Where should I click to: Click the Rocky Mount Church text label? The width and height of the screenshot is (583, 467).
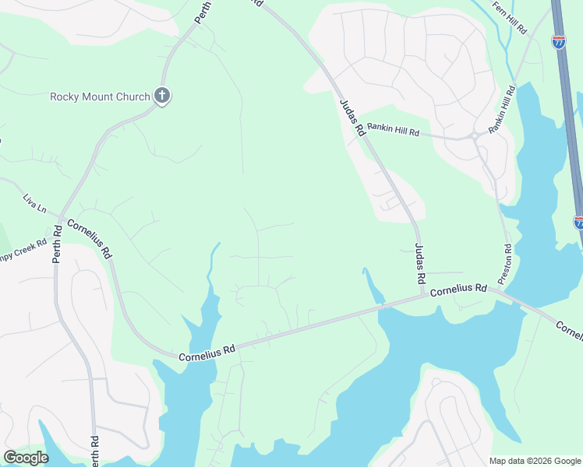pos(100,97)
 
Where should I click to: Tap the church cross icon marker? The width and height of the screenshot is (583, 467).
pos(162,97)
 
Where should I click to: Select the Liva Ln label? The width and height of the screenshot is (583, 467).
pos(34,204)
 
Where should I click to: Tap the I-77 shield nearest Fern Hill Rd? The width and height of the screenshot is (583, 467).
pos(559,42)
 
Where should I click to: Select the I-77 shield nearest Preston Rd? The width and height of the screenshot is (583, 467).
pos(578,223)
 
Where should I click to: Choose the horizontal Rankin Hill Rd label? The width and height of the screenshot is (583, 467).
pos(394,129)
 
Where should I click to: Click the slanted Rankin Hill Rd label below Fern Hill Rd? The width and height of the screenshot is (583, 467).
pos(503,111)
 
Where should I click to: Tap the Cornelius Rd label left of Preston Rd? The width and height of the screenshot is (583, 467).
pos(458,290)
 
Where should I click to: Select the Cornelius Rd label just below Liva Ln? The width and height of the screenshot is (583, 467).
pos(89,238)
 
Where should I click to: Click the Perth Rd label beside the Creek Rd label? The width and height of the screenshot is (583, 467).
pos(57,244)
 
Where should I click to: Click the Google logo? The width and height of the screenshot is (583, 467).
pos(26,458)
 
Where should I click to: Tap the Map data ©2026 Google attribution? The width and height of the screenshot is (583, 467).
pos(534,461)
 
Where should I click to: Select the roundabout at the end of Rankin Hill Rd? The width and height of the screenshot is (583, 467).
pos(474,136)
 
